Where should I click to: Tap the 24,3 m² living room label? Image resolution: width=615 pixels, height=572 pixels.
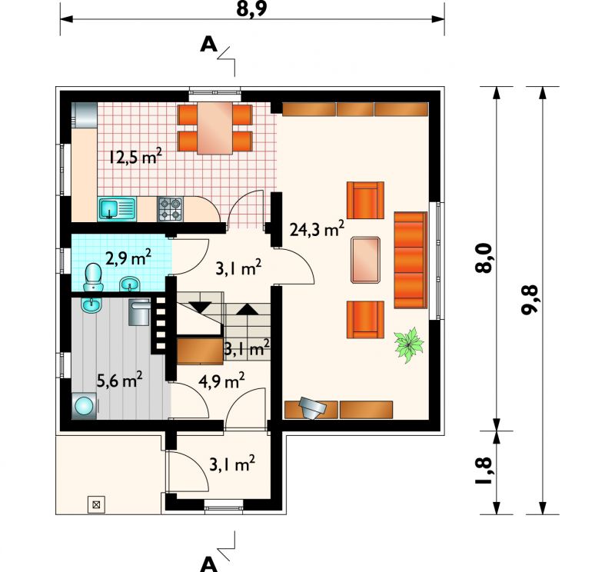pos(317,228)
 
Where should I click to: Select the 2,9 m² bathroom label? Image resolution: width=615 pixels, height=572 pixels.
pos(128,258)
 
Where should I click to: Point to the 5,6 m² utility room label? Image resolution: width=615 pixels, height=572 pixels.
pos(119,379)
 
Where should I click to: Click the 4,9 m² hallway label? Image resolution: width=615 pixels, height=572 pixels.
pos(221,380)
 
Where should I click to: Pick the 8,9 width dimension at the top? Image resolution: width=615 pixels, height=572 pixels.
pos(251,9)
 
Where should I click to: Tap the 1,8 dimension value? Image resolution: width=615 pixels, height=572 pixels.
pos(484,471)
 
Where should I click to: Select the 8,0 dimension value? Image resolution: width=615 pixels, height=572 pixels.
pos(484,258)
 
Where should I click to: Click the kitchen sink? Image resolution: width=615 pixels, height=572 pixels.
pos(117,209)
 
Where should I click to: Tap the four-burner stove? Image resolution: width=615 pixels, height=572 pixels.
pos(170,208)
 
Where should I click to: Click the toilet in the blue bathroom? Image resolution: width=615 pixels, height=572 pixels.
pos(93,278)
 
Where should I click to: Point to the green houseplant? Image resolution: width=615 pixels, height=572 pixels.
pos(409,344)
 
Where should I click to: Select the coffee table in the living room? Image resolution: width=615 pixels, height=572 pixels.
pos(366,260)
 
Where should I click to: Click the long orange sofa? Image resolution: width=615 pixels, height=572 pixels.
pos(411,260)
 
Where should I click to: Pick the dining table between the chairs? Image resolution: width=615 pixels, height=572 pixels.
pos(215,128)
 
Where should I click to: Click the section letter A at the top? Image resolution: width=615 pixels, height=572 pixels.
pos(208,45)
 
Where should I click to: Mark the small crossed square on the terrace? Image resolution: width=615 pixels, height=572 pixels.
pos(96,504)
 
